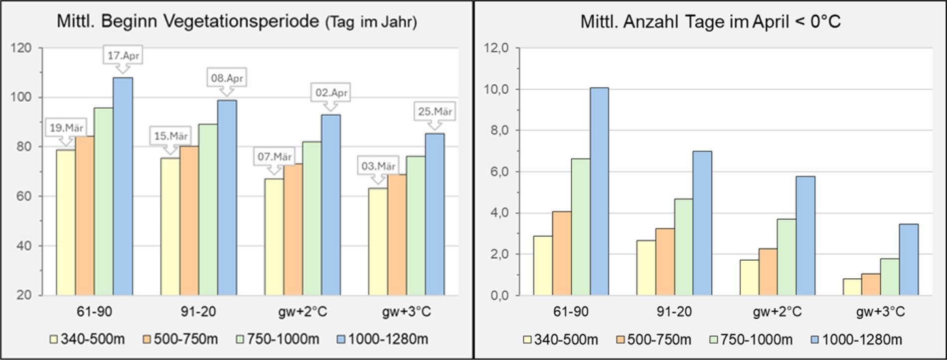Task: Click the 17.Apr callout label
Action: point(123,55)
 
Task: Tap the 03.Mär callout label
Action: point(378,166)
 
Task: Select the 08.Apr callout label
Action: point(227,78)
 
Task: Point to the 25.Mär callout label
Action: point(435,111)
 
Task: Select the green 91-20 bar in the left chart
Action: point(208,209)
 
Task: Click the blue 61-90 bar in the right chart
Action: point(599,191)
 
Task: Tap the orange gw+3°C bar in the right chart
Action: point(871,284)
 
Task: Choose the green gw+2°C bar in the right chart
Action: point(787,257)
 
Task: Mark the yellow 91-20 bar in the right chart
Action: point(646,268)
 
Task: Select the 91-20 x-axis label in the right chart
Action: point(674,312)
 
